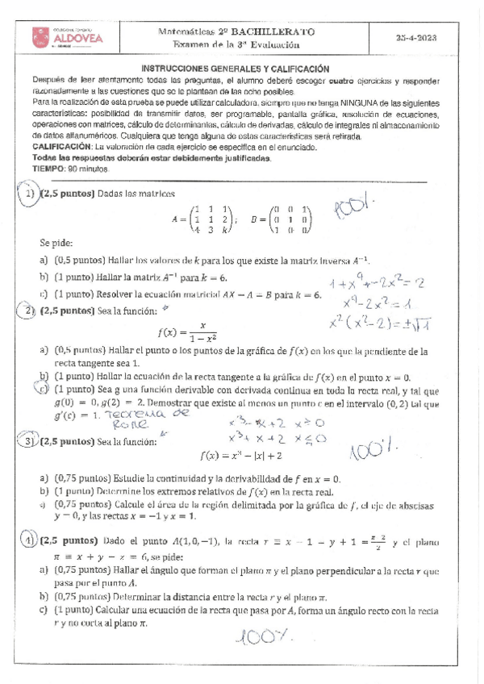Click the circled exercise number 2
click(30, 311)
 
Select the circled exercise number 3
click(29, 441)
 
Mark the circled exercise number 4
click(29, 540)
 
